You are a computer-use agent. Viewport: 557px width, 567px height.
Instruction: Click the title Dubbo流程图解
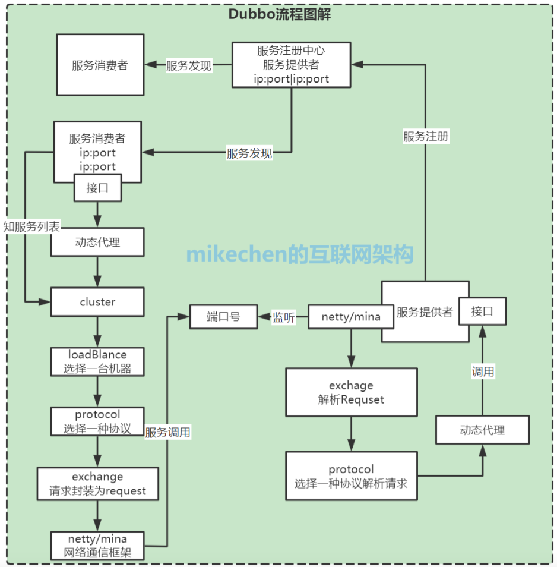[279, 15]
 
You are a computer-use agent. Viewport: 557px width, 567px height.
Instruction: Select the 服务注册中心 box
[291, 64]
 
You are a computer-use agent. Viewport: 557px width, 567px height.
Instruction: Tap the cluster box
[97, 302]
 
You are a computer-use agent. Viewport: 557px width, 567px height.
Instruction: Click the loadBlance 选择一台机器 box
[97, 361]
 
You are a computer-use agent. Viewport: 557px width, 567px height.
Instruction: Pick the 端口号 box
[223, 317]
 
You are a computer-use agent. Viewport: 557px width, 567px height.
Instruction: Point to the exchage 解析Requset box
[351, 392]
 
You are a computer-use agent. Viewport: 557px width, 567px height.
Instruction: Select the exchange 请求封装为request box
[97, 484]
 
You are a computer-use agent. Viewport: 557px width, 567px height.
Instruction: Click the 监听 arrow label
[283, 317]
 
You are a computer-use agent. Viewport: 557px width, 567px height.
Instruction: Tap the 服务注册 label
[426, 137]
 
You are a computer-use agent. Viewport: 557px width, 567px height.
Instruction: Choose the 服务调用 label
[168, 433]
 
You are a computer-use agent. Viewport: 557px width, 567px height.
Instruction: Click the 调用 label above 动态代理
[483, 372]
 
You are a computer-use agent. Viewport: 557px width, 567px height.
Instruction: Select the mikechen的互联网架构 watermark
[299, 254]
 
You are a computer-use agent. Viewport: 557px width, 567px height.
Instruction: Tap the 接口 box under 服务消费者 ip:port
[97, 188]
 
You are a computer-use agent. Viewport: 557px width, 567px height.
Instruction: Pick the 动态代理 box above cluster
[97, 242]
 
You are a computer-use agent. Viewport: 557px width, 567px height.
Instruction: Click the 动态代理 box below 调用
[482, 430]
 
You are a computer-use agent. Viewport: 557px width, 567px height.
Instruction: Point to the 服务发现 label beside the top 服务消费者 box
[189, 66]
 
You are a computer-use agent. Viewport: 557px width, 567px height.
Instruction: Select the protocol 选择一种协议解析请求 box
[351, 476]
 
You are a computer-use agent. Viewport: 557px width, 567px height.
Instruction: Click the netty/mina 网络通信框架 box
[97, 546]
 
